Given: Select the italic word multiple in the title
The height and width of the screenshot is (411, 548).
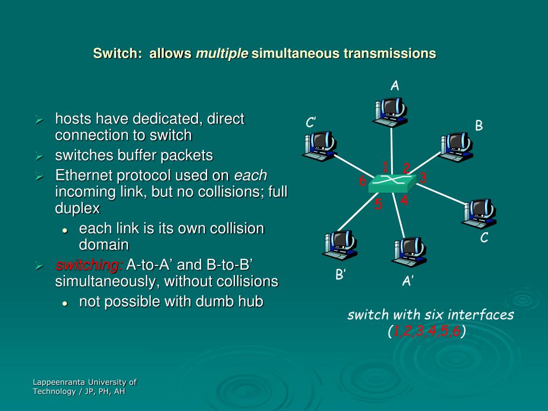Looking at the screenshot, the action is click(222, 54).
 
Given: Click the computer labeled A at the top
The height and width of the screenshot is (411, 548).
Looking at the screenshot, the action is click(390, 111).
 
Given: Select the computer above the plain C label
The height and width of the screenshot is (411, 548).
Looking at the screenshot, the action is click(478, 212).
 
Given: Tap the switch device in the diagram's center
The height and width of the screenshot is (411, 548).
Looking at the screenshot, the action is click(392, 183).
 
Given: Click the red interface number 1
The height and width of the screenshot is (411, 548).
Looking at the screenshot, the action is click(385, 166).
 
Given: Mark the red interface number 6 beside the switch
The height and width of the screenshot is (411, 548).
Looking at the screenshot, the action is click(362, 182).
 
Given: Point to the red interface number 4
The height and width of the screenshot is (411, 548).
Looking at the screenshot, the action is click(404, 201).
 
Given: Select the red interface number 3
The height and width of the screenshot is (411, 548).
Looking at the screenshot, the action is click(423, 178).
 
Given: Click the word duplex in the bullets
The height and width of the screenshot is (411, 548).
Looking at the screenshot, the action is click(77, 208).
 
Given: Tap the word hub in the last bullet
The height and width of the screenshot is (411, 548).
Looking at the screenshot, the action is click(251, 302).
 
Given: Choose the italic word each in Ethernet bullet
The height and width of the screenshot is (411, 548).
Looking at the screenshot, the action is click(250, 176).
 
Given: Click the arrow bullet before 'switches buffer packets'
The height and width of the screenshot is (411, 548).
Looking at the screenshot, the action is click(39, 156).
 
